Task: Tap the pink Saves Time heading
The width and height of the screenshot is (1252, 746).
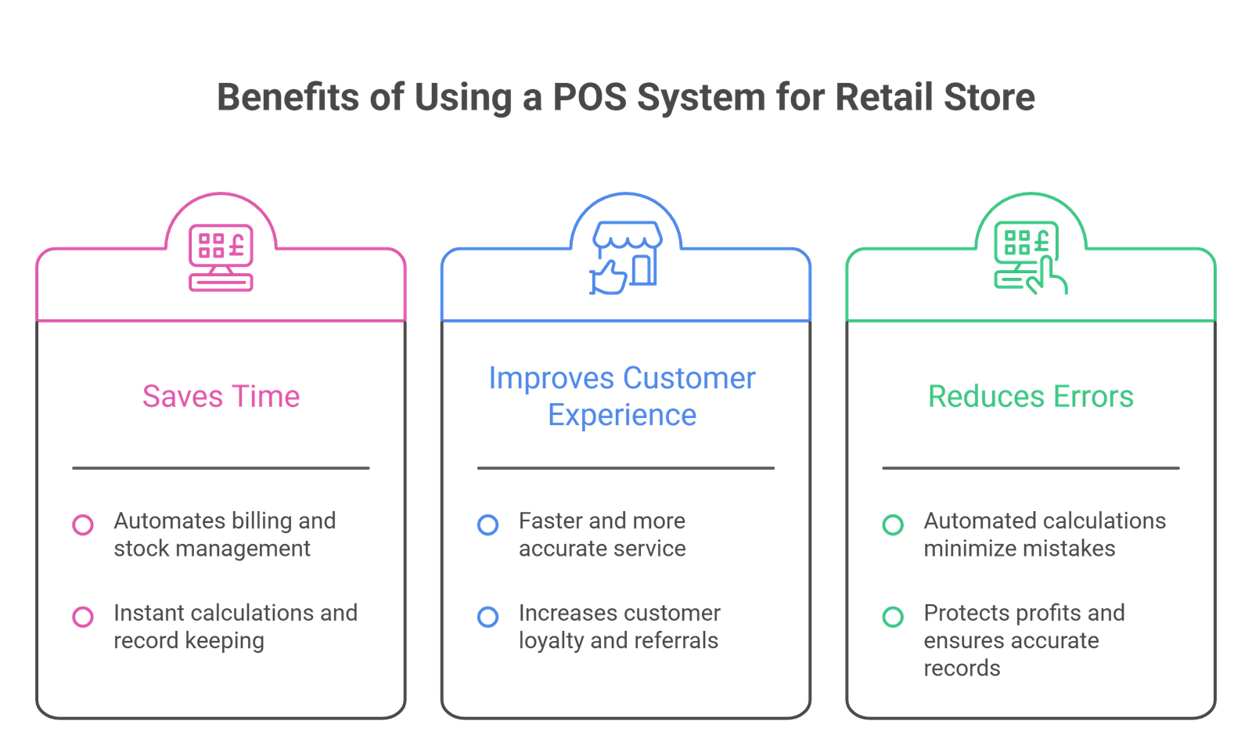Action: (221, 396)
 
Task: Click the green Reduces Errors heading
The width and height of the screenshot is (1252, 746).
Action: (1031, 396)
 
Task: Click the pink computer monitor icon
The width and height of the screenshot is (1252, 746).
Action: (221, 258)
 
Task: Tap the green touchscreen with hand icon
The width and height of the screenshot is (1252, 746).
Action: (1031, 258)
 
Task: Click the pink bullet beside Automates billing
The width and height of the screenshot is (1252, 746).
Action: (83, 524)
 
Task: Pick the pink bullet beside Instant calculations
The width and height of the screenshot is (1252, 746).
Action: (83, 616)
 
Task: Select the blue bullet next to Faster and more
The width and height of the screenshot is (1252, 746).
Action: (487, 524)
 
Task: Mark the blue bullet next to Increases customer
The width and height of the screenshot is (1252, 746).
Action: (487, 616)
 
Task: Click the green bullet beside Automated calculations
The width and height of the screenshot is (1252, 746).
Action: (893, 524)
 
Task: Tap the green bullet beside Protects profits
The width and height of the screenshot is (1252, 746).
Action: (893, 616)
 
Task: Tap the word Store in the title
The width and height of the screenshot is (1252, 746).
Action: (995, 98)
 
